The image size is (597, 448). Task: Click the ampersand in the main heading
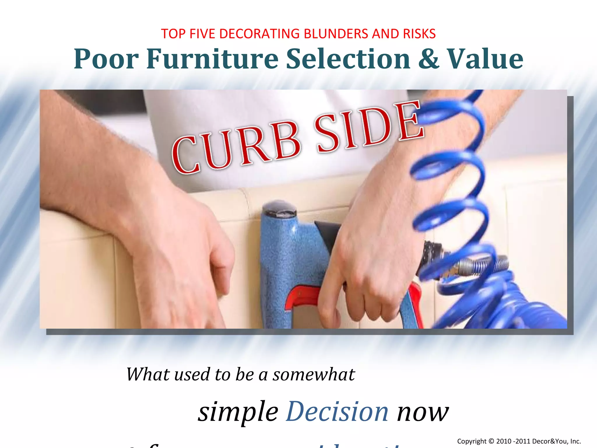(x=428, y=59)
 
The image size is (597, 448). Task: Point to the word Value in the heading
(x=485, y=59)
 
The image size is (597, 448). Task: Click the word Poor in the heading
(x=106, y=59)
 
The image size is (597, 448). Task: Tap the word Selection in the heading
(x=348, y=59)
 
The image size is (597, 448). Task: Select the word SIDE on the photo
(x=369, y=127)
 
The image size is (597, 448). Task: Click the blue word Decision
(x=337, y=412)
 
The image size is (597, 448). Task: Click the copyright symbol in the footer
(x=491, y=441)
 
